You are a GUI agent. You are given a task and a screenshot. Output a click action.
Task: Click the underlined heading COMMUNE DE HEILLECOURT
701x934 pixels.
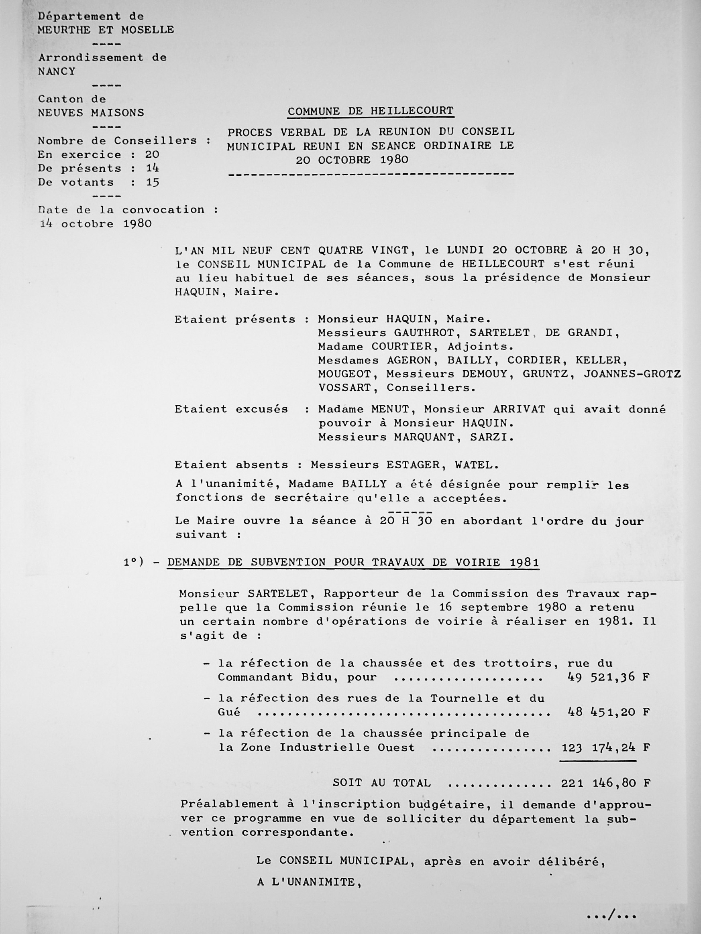click(x=371, y=111)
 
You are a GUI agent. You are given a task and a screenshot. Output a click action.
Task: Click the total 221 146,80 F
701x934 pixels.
click(x=605, y=783)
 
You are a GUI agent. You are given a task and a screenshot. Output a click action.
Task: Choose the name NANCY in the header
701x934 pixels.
click(x=57, y=71)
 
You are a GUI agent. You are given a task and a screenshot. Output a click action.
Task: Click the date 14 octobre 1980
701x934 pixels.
click(x=96, y=224)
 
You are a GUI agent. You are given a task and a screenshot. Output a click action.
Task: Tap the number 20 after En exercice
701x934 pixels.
click(x=152, y=154)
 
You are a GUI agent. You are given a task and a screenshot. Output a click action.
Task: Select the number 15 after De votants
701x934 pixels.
click(x=152, y=183)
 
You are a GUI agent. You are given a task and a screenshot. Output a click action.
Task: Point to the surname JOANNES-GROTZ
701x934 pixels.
click(x=632, y=374)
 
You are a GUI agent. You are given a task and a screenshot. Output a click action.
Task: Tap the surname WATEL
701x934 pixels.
click(x=473, y=465)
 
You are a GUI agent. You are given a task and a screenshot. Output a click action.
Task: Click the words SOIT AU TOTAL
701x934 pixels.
click(x=381, y=783)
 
